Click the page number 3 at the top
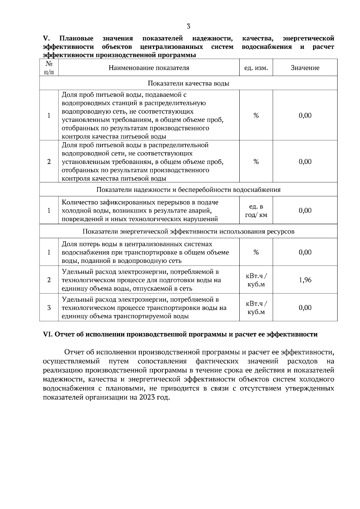click(x=188, y=26)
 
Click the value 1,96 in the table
click(x=305, y=280)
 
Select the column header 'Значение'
click(x=305, y=68)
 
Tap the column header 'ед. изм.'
click(x=256, y=68)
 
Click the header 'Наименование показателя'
click(x=149, y=68)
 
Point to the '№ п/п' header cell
click(x=49, y=68)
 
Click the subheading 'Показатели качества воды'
click(x=188, y=83)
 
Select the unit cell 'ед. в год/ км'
click(x=256, y=210)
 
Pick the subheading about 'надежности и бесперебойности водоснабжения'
click(x=188, y=190)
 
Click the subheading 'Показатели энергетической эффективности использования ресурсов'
click(x=188, y=232)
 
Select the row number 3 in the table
click(x=49, y=308)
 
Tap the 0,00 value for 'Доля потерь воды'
click(x=305, y=252)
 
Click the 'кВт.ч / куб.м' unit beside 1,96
click(x=256, y=280)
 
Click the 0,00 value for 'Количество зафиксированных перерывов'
click(x=305, y=210)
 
